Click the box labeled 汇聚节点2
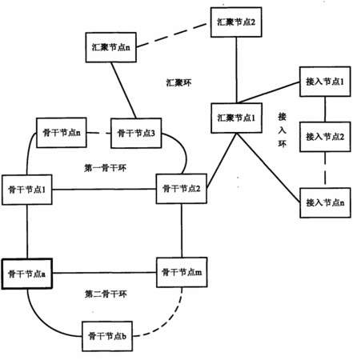click(x=236, y=22)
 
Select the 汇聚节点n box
click(x=111, y=47)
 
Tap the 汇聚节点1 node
click(x=236, y=118)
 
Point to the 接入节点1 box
click(x=325, y=82)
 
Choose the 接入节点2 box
click(x=325, y=137)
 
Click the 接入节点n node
click(x=325, y=202)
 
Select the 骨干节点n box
click(x=62, y=133)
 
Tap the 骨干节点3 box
click(x=136, y=133)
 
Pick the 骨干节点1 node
click(x=27, y=190)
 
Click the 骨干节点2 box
click(x=182, y=189)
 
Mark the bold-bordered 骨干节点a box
click(x=27, y=274)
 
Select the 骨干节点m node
click(x=182, y=272)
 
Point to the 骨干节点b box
click(x=107, y=336)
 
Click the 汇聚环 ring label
click(x=178, y=82)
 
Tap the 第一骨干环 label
click(x=105, y=168)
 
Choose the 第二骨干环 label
click(x=106, y=294)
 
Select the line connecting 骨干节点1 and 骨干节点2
click(x=104, y=190)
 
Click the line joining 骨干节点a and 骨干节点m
click(x=104, y=273)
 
